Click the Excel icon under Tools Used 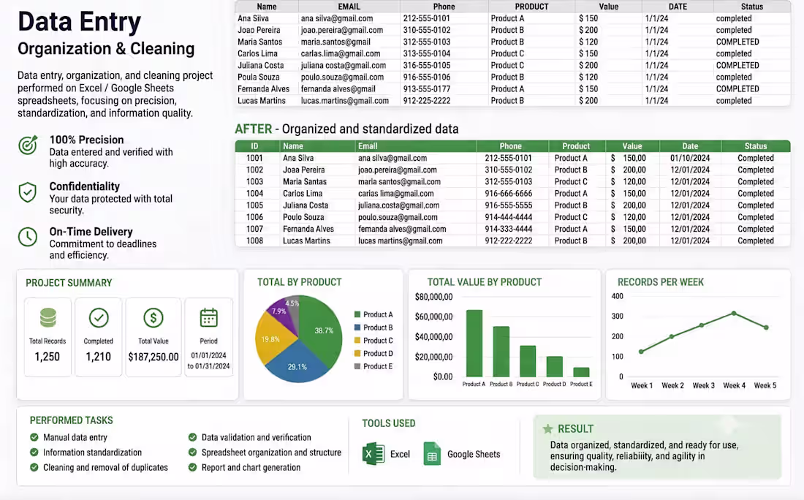373,453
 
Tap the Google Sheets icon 432,453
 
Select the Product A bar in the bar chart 474,343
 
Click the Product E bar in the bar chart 581,372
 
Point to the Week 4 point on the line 735,314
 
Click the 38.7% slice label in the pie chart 324,330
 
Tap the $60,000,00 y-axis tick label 433,317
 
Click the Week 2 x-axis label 672,386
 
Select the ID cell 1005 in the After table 255,205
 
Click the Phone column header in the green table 511,146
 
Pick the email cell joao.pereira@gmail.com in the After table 398,170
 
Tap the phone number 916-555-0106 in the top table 427,77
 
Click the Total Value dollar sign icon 153,318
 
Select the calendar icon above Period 209,317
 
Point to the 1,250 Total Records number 48,357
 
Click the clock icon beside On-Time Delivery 28,237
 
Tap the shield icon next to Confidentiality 28,192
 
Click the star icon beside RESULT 547,428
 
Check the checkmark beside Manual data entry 34,437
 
